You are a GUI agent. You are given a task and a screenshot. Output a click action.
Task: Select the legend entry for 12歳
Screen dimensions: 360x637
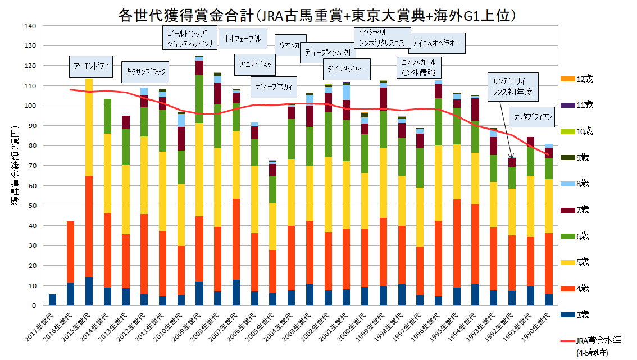(x=584, y=79)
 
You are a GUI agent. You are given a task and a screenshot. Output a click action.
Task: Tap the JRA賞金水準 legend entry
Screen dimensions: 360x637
(x=595, y=341)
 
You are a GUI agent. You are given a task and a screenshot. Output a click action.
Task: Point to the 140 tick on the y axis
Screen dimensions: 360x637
(x=31, y=26)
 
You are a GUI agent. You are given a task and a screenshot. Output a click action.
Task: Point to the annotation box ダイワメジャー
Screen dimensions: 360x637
(x=346, y=70)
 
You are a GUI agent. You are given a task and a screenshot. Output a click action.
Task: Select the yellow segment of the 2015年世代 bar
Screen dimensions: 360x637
(x=89, y=127)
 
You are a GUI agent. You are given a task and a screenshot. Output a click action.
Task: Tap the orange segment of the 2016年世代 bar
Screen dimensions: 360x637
(x=71, y=252)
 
